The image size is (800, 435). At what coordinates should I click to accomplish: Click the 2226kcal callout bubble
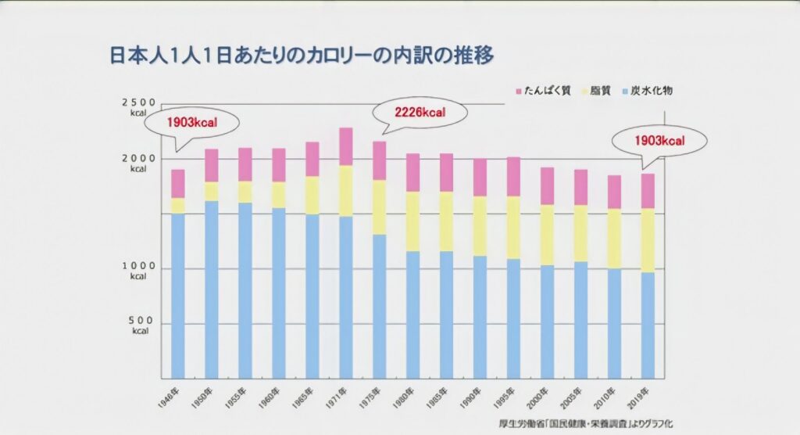coord(420,113)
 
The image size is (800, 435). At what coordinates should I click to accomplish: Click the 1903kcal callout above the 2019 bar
coord(659,142)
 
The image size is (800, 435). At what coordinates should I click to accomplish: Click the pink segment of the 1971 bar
coord(345,146)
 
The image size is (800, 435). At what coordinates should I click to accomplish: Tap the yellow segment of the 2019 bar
coord(648,239)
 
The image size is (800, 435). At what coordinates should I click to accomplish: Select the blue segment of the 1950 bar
coord(212,289)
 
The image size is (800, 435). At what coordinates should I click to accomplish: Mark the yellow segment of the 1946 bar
coord(178,205)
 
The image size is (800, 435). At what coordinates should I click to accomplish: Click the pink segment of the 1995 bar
coord(513,176)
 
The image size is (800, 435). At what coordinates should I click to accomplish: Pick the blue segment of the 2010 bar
coord(614,324)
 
